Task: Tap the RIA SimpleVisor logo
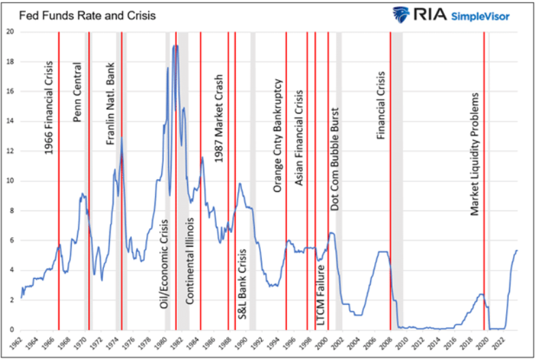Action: tap(454, 14)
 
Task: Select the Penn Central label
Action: tap(77, 92)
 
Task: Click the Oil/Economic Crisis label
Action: tap(164, 264)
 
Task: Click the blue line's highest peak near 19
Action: tap(176, 46)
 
